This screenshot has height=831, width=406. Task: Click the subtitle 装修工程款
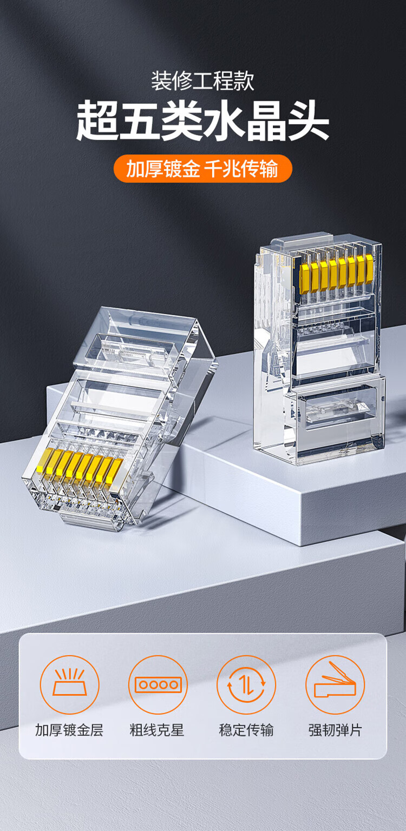[203, 81]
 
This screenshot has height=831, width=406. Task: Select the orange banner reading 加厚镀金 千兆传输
[203, 169]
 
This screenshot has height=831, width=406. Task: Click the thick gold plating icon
[69, 684]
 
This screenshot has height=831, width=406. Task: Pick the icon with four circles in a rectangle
[158, 684]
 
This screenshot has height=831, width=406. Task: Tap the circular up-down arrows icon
[246, 684]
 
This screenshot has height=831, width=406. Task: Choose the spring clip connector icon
[335, 684]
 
